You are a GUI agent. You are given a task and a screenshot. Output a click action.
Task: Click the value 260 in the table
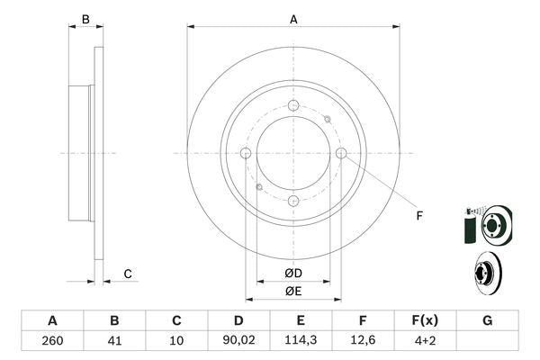52,341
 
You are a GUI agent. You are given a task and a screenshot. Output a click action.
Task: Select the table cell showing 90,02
238,341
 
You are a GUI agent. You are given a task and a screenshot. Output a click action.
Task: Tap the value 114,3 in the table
301,341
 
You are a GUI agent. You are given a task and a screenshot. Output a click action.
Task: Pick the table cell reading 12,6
363,341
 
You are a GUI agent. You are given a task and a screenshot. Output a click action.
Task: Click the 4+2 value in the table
425,341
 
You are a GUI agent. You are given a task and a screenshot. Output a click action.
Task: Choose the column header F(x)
425,320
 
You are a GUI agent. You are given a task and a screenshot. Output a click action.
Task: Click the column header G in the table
487,320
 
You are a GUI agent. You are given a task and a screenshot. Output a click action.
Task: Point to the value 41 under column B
114,341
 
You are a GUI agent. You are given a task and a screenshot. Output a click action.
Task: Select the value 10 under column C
176,341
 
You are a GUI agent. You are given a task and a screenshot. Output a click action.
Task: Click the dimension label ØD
293,273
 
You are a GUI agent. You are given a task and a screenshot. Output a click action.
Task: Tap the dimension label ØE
293,290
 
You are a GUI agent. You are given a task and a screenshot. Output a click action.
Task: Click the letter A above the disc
293,19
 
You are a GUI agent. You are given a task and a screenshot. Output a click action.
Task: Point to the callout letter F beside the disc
418,214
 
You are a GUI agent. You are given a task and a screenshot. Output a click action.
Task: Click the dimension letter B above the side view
85,19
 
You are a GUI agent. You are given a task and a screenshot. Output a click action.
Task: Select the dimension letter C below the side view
128,274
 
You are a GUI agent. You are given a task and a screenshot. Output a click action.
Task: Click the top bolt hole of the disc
293,106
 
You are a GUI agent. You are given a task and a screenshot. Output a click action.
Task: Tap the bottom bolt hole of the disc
293,201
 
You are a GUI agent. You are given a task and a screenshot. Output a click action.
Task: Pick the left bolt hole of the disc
246,154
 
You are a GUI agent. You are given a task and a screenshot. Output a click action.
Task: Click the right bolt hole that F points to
340,154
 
